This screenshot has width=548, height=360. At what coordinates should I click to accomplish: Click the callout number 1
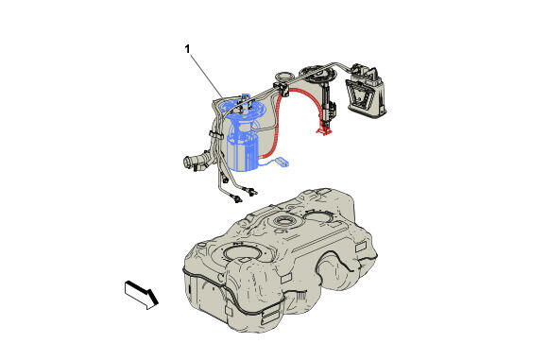pyautogui.click(x=188, y=49)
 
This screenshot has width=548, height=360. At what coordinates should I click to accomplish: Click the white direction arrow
pyautogui.click(x=141, y=294)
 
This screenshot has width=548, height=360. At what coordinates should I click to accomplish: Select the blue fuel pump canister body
pyautogui.click(x=243, y=153)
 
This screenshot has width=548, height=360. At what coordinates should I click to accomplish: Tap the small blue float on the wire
pyautogui.click(x=283, y=162)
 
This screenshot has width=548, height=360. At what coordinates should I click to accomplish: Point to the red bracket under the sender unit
pyautogui.click(x=323, y=130)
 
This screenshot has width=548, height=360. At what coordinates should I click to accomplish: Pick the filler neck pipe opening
pyautogui.click(x=188, y=163)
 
